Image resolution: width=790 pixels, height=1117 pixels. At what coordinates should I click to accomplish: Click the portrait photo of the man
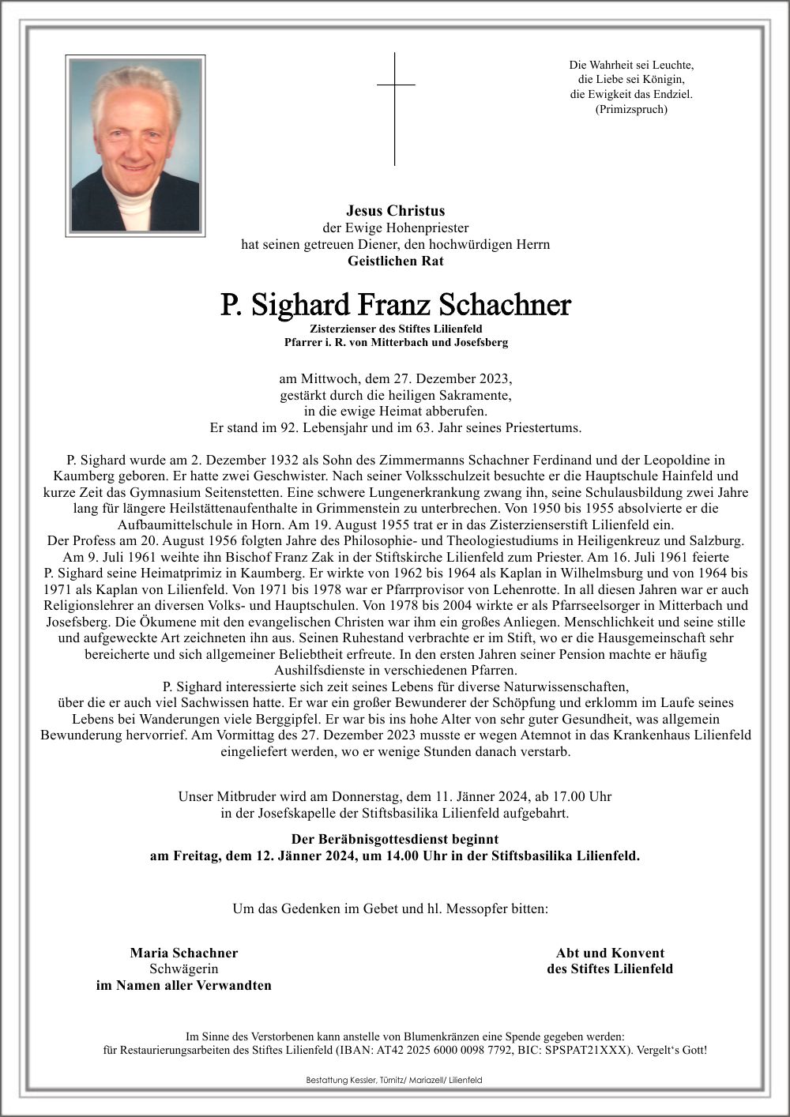coord(135,145)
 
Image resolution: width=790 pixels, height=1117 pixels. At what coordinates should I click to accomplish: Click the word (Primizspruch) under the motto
coord(631,109)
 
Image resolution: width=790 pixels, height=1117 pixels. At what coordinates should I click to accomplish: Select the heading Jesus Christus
coord(395,211)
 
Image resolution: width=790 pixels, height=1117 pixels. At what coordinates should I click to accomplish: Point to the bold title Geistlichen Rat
coord(395,261)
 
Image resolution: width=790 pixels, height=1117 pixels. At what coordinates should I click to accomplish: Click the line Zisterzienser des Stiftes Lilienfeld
coord(395,328)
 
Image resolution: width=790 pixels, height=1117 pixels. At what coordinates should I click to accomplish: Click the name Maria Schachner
coord(184,953)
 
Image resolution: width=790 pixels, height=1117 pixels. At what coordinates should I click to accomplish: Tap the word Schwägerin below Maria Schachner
coord(184,968)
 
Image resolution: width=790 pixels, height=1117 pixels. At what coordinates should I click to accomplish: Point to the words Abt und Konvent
coord(610,953)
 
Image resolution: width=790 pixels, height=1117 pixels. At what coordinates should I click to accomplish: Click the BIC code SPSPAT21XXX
coord(592,1050)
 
